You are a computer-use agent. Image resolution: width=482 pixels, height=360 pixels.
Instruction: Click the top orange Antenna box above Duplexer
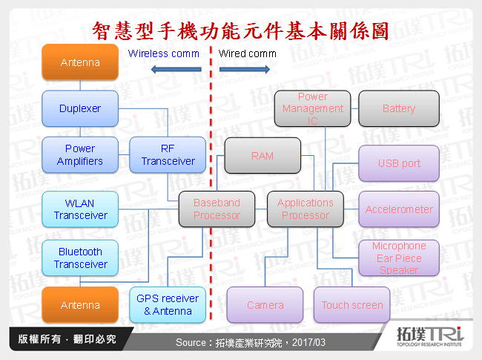coord(80,62)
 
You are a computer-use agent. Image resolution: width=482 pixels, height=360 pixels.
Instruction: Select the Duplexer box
coord(80,108)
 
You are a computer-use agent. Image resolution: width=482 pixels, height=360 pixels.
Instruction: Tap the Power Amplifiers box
coord(80,154)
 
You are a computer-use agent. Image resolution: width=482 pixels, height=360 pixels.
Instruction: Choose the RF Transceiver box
coord(168,154)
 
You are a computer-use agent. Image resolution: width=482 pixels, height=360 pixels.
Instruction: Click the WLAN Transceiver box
coord(80,209)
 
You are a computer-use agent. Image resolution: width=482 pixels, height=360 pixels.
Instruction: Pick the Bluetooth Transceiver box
coord(80,258)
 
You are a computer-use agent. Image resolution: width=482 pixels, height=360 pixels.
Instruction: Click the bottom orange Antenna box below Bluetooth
coord(80,305)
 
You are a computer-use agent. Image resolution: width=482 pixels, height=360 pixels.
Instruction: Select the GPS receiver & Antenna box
coord(168,305)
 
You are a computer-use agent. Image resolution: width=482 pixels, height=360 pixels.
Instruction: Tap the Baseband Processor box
coord(217,209)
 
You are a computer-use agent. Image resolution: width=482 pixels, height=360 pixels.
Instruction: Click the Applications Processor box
coord(305,209)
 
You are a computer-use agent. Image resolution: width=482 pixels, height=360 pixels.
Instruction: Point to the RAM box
coord(263,156)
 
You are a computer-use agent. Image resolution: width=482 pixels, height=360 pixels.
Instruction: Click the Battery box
coord(399,108)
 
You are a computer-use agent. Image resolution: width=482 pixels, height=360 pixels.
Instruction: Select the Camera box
coord(265,305)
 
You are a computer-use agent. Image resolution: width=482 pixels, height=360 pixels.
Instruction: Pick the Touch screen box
coord(352,305)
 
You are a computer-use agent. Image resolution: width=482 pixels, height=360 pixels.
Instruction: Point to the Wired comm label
coord(247,53)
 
